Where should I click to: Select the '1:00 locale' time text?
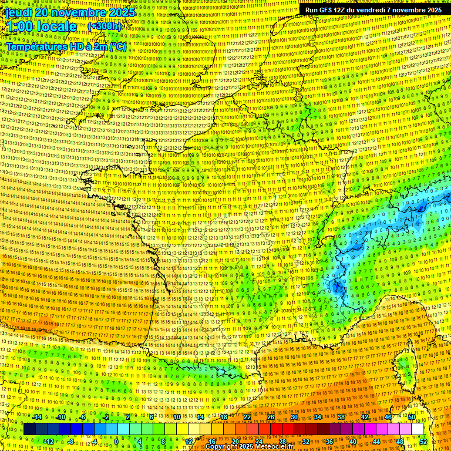[x=41, y=26]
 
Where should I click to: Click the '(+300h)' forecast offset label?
[x=104, y=26]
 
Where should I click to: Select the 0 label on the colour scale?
[x=116, y=442]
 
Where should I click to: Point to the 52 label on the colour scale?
[x=423, y=442]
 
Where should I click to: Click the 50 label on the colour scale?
[x=412, y=417]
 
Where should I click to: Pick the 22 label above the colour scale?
[x=247, y=417]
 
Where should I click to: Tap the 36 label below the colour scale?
[x=329, y=442]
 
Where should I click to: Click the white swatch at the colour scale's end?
[x=417, y=429]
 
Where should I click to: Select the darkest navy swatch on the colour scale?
[x=29, y=429]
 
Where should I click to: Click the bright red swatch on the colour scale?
[x=276, y=429]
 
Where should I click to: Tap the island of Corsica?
[x=403, y=367]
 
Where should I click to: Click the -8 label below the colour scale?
[x=70, y=442]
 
